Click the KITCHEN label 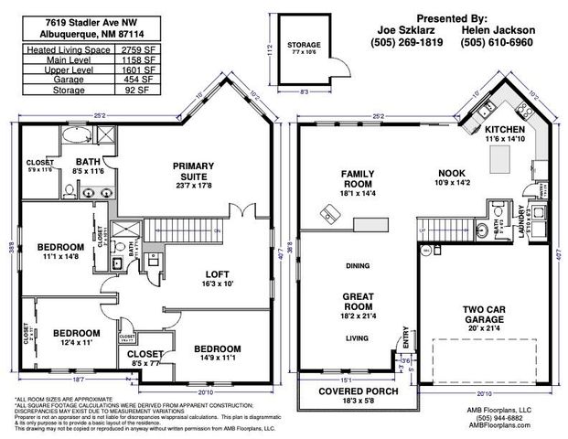pyautogui.click(x=505, y=131)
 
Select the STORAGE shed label pyautogui.click(x=304, y=44)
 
